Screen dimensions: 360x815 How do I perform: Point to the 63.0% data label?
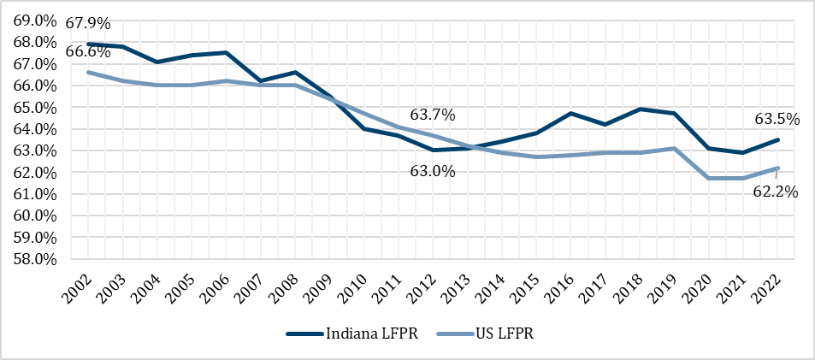(433, 171)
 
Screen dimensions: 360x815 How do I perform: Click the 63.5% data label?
(777, 119)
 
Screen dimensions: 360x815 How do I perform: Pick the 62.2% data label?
(775, 192)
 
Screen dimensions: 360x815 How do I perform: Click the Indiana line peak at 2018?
(641, 109)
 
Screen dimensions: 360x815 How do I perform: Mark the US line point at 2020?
(709, 178)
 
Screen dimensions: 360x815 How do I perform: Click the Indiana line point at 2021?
(743, 152)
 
